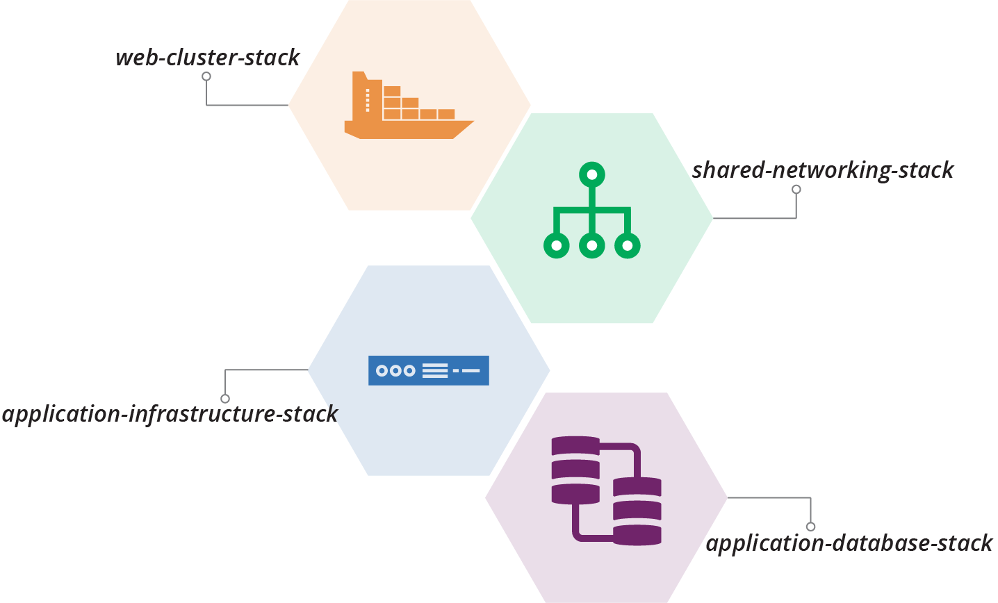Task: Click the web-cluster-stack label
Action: pos(207,58)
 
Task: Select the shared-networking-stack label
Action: pos(823,171)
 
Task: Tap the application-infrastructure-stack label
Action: pos(170,415)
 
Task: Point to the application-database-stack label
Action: pos(849,543)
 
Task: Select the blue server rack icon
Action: pos(428,370)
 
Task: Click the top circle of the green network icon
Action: pos(591,174)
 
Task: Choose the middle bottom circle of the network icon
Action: pos(591,245)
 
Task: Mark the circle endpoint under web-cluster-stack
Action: pos(206,76)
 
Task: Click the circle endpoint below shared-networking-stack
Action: pos(796,190)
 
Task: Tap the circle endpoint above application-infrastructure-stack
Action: pos(225,399)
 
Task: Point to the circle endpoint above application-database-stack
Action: pos(810,527)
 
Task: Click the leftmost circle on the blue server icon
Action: pos(382,371)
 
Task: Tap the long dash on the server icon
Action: pos(471,371)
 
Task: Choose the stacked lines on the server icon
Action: pos(435,371)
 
